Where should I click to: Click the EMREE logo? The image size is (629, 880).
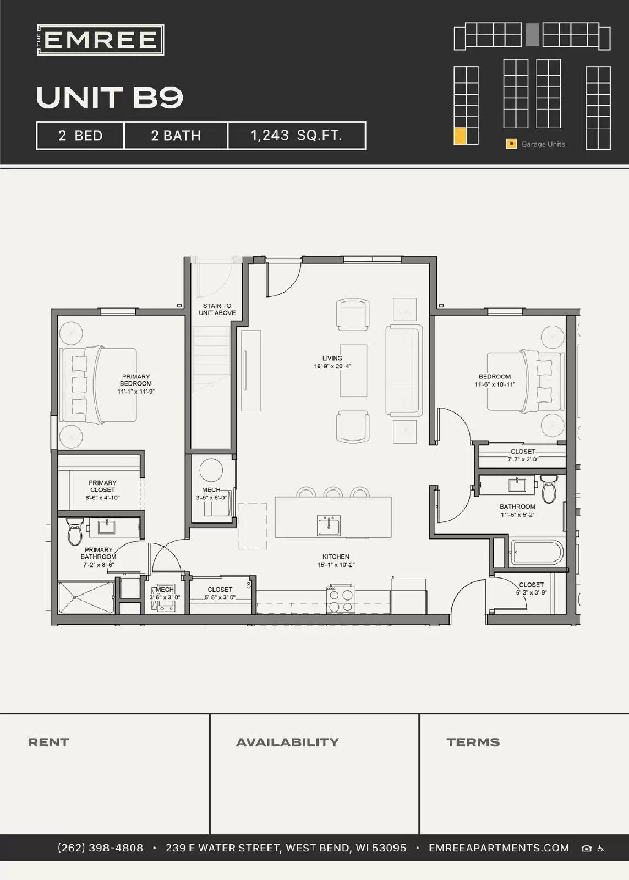tap(101, 40)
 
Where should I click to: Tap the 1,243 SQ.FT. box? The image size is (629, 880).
tap(297, 135)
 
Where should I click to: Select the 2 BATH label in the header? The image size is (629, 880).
tap(176, 135)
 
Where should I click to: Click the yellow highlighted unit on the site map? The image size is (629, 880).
tap(460, 136)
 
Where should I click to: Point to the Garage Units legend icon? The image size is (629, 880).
tap(511, 144)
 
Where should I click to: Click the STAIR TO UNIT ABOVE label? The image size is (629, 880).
tap(217, 309)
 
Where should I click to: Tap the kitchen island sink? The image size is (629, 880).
tap(329, 525)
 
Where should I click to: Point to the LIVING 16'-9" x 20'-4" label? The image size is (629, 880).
tap(332, 362)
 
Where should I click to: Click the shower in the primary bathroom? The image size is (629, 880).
tap(86, 597)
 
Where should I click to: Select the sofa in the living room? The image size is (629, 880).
tap(403, 370)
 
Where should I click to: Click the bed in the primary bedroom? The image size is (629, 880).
tap(99, 384)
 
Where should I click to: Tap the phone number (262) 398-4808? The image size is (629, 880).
tap(100, 848)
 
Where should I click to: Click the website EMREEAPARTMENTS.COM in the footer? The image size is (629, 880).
tap(499, 848)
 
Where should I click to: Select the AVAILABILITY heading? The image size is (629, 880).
tap(287, 743)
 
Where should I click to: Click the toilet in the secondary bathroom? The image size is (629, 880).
tap(549, 489)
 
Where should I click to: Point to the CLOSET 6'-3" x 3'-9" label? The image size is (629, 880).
tap(531, 588)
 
